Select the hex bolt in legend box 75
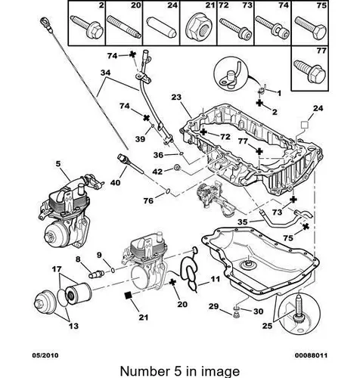pos(310,26)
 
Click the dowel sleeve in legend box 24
pos(162,27)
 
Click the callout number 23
pos(176,97)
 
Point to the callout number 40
pos(116,182)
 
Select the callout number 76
pos(148,200)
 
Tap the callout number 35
pos(243,222)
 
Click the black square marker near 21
pos(129,296)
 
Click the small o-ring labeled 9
pos(113,271)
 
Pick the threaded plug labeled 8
pos(96,274)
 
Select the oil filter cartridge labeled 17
pos(79,293)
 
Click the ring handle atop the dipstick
pos(43,21)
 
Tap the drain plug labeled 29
pos(236,315)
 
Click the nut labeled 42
pos(177,167)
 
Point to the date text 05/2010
pos(45,355)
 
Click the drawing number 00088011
pos(311,355)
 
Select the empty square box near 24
pos(306,125)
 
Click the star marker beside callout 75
pos(306,227)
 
